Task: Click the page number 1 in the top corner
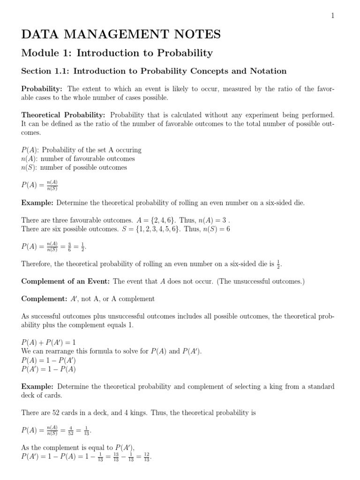332,15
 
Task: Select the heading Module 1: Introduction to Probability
117,53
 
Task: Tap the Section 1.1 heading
154,71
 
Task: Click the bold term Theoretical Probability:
64,115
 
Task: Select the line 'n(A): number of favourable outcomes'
78,159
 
